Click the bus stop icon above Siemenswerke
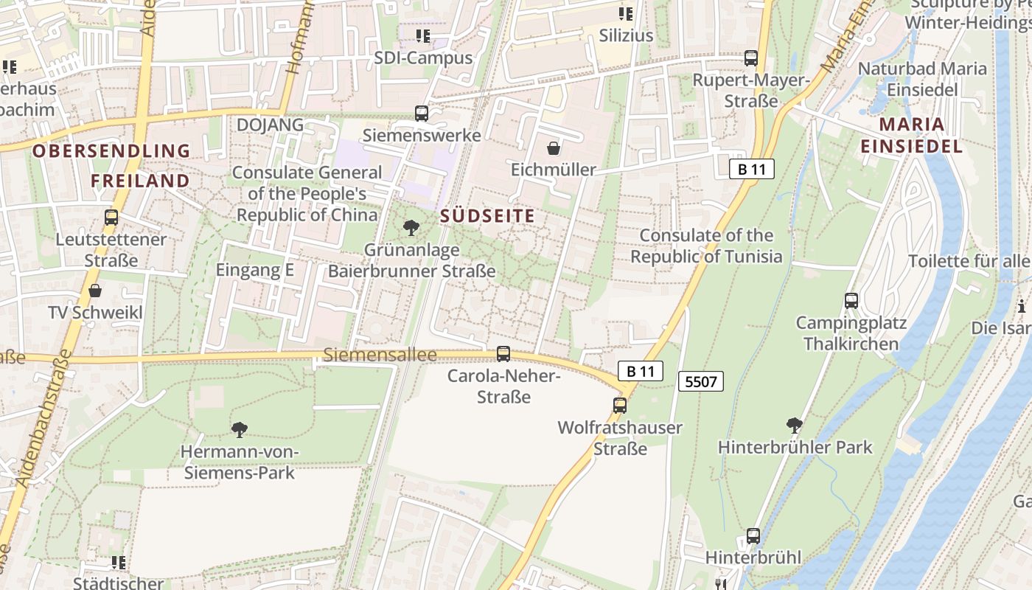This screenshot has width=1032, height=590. click(422, 114)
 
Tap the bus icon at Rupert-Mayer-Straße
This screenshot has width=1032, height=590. click(751, 58)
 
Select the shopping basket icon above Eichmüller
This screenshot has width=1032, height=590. click(554, 148)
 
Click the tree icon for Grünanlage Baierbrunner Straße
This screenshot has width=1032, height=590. click(411, 228)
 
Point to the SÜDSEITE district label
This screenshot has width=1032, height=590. click(487, 216)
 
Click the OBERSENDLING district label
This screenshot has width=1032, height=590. click(111, 151)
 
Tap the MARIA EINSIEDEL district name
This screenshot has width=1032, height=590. click(911, 135)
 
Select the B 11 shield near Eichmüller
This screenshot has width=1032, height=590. click(752, 169)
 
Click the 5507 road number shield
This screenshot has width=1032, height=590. click(700, 381)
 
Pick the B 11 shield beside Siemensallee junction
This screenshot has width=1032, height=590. click(640, 371)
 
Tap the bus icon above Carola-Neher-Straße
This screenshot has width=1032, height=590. click(503, 354)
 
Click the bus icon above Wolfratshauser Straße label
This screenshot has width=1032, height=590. click(620, 405)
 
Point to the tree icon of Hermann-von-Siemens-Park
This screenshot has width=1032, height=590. click(239, 429)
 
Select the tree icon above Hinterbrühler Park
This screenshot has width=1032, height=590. click(795, 425)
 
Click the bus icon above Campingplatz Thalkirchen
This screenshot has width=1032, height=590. click(851, 301)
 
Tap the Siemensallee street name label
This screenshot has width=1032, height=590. click(380, 355)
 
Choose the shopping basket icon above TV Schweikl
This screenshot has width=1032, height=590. click(95, 291)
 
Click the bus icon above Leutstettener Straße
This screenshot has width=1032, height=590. click(111, 218)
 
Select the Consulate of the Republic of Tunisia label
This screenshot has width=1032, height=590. click(706, 246)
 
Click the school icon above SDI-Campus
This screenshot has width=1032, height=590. click(423, 35)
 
